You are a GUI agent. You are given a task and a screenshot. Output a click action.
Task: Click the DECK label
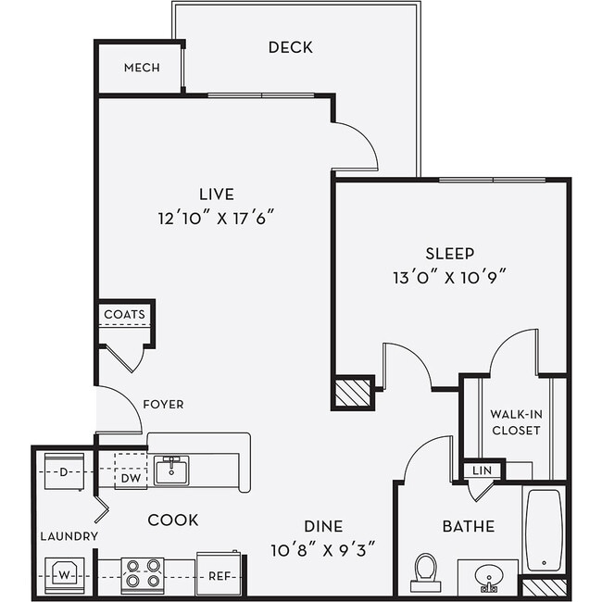point(290,47)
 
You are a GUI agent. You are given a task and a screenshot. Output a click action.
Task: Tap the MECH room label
point(142,68)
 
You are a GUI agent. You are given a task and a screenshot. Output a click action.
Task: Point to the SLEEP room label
point(449,253)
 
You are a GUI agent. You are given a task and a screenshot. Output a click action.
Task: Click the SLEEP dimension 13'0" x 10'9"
point(449,276)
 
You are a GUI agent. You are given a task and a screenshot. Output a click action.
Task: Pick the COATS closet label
point(124,315)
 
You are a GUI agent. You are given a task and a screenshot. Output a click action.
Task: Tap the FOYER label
point(163,404)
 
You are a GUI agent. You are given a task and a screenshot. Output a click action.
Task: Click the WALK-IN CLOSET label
point(516,421)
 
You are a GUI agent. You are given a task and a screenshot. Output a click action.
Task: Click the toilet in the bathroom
point(426,571)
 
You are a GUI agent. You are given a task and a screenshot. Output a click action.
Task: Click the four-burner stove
point(143,575)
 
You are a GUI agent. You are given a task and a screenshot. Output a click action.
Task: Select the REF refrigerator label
point(219,576)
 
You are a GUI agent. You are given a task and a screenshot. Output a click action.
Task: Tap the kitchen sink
point(171,470)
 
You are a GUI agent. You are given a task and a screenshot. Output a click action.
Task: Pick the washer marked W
point(66,575)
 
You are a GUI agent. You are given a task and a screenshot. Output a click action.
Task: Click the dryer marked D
point(64,471)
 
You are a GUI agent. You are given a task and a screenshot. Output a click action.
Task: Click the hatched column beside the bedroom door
point(352,392)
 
